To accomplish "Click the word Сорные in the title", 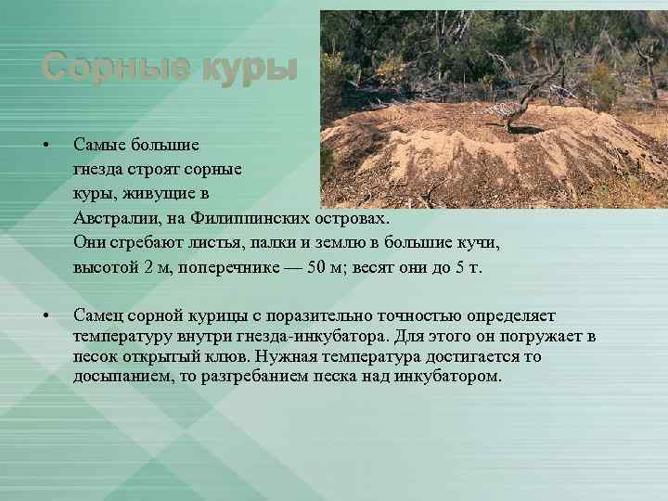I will point(114,68).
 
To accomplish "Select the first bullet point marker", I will point(44,148).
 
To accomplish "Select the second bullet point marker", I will point(44,317).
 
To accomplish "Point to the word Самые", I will point(101,147).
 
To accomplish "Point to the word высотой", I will point(106,267).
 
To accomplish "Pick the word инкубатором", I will point(450,377).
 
